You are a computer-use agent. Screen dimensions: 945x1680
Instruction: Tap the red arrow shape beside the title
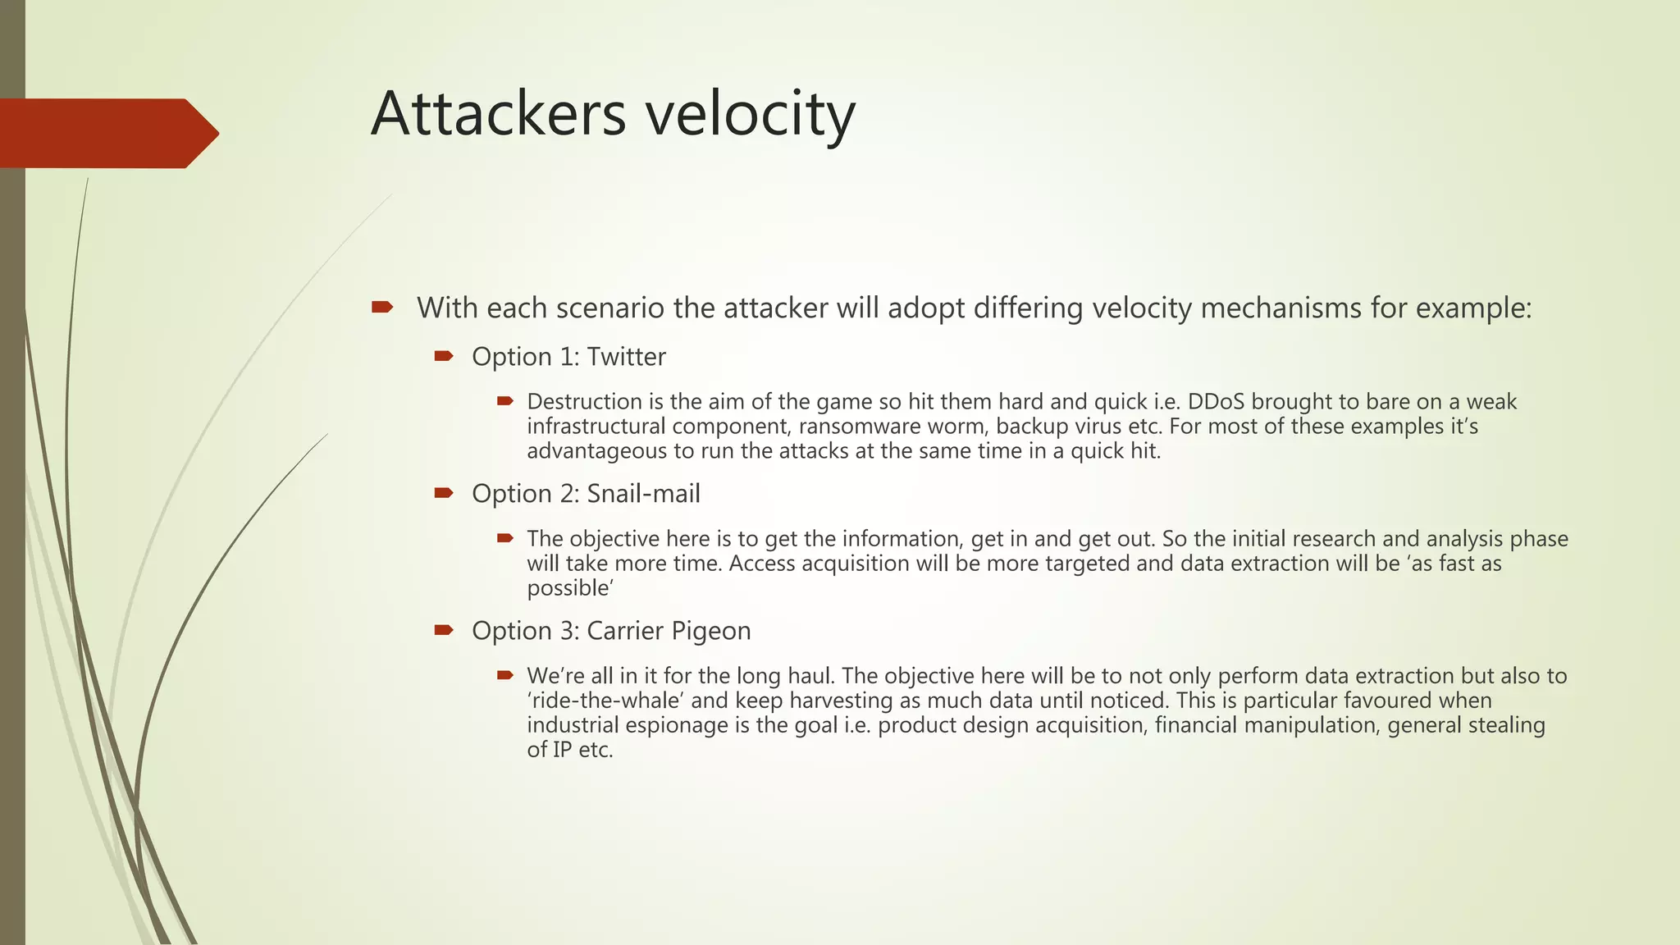click(107, 133)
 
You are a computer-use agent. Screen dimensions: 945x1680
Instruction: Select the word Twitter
click(626, 357)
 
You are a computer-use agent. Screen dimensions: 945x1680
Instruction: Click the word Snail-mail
click(643, 494)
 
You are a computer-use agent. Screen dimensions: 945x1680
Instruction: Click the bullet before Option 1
click(444, 356)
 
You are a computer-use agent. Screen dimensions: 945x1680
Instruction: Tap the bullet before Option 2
click(444, 493)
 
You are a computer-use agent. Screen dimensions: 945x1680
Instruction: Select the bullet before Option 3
click(444, 630)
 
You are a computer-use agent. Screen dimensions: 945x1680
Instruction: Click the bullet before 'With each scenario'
click(382, 308)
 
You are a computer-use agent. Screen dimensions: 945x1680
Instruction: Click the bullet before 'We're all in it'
click(504, 675)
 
